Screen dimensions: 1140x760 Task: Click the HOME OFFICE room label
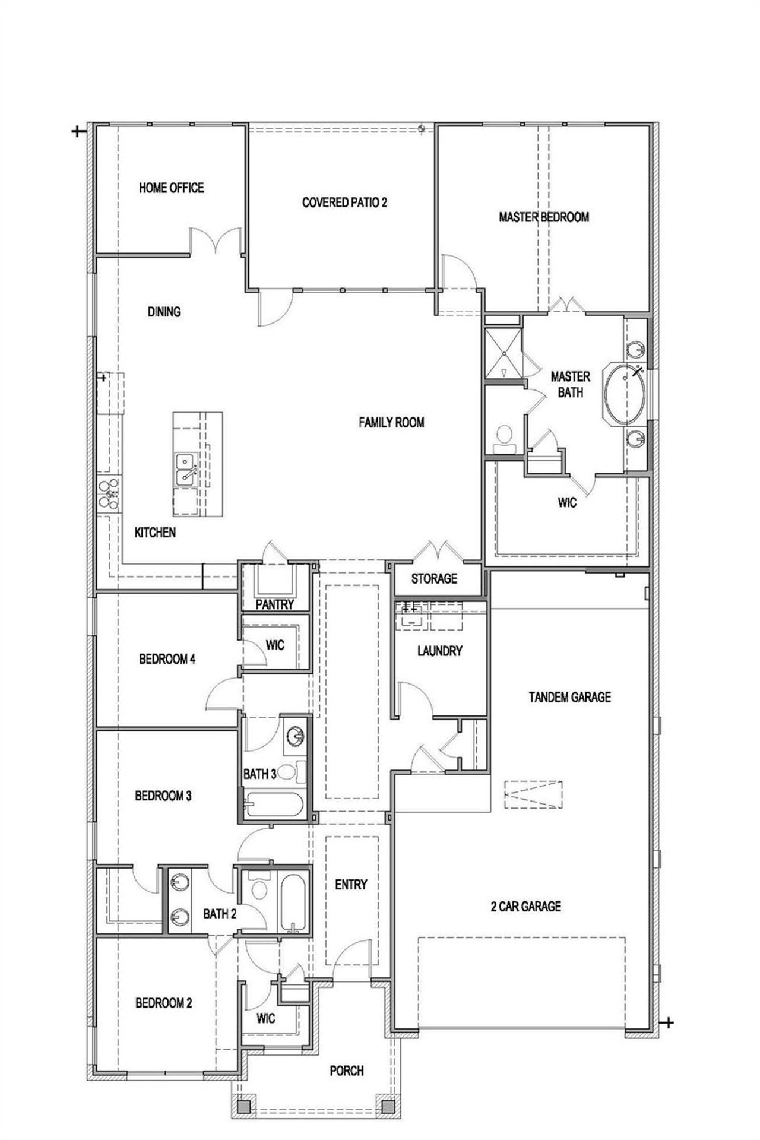(x=171, y=188)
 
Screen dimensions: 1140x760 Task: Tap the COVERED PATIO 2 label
(x=344, y=202)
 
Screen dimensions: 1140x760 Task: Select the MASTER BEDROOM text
(x=543, y=217)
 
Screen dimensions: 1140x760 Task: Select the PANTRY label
(x=274, y=604)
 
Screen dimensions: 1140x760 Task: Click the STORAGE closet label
(x=434, y=578)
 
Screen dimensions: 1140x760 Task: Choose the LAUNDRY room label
(x=439, y=651)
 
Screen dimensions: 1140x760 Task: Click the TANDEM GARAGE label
(x=569, y=697)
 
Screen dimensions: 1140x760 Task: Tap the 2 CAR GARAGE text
(x=525, y=906)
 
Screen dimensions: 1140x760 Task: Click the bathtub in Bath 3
(x=273, y=805)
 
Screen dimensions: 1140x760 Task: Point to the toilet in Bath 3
(x=289, y=772)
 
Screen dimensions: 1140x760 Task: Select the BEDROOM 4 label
(x=167, y=659)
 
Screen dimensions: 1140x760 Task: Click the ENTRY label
(x=350, y=885)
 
